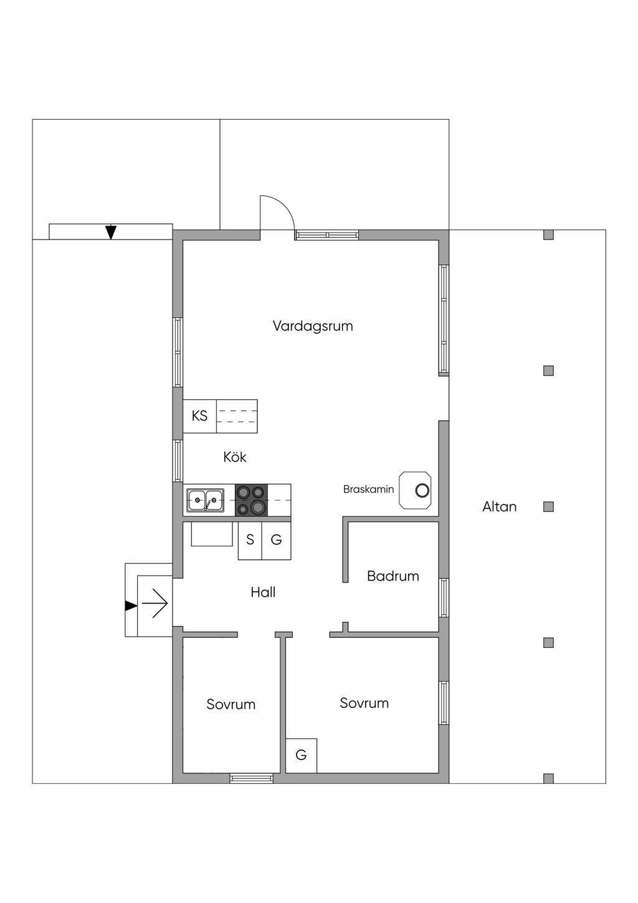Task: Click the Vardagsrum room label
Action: click(x=313, y=326)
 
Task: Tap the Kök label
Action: click(x=235, y=456)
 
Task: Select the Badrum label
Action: click(x=393, y=576)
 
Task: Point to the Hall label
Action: click(x=263, y=592)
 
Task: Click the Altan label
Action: click(x=500, y=507)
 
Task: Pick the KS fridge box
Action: click(x=200, y=416)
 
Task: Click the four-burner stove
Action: click(x=251, y=500)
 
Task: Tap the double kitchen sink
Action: click(x=205, y=500)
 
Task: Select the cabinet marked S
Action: click(x=250, y=541)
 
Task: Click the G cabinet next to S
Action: click(x=276, y=541)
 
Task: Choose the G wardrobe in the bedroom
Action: click(x=301, y=755)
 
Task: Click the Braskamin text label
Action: click(x=369, y=490)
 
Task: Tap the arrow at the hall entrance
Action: click(x=155, y=604)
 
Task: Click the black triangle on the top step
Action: click(x=111, y=232)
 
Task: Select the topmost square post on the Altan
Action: click(x=548, y=234)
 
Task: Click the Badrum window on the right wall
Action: click(x=444, y=598)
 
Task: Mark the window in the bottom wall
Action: click(x=251, y=778)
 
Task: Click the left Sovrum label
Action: click(x=231, y=704)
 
